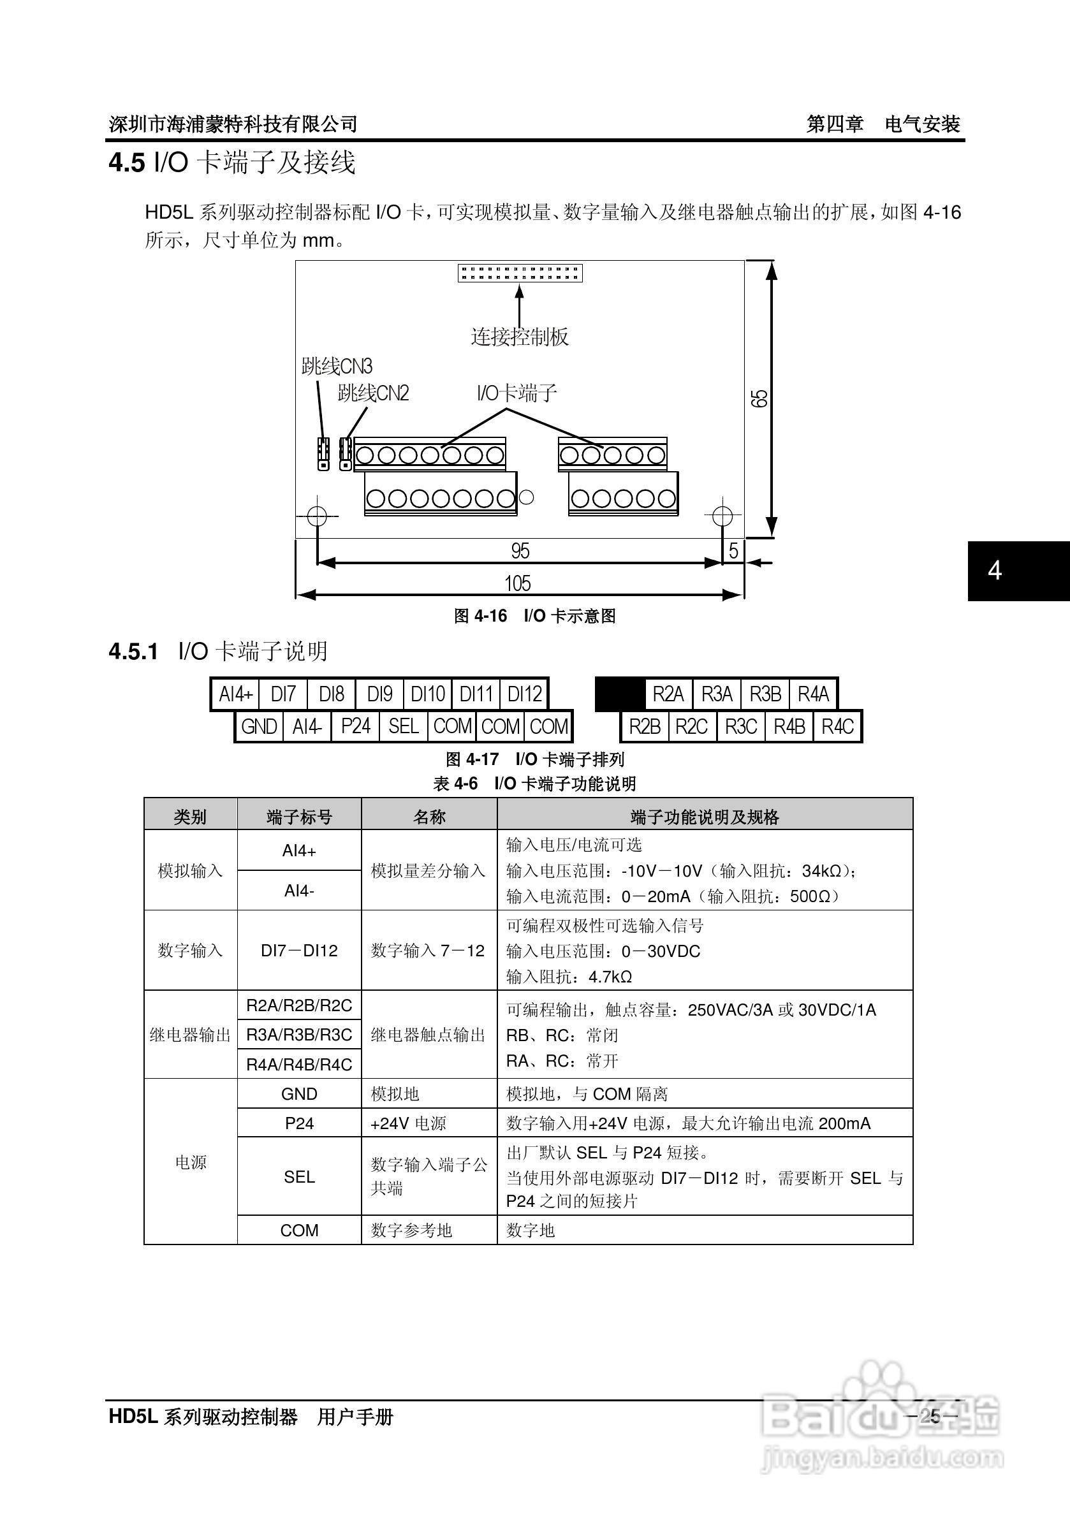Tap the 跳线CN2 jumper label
click(373, 393)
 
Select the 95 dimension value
click(520, 550)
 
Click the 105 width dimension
click(517, 583)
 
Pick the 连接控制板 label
click(519, 337)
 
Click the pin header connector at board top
click(520, 272)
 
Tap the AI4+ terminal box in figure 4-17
click(235, 694)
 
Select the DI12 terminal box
click(524, 694)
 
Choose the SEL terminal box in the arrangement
click(404, 727)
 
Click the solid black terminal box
click(620, 694)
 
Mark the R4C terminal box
click(837, 727)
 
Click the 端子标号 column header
click(299, 817)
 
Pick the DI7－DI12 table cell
click(299, 951)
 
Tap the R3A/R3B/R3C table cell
click(299, 1035)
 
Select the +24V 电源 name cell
click(409, 1123)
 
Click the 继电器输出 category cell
click(190, 1035)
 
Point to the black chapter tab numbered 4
click(995, 571)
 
